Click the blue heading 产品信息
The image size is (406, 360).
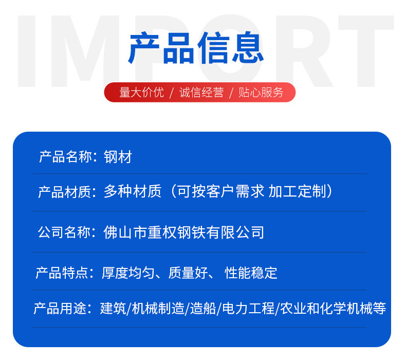pyautogui.click(x=196, y=49)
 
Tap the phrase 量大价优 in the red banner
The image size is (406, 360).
pyautogui.click(x=141, y=93)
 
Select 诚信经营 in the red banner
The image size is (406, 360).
pyautogui.click(x=201, y=93)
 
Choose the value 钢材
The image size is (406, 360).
pyautogui.click(x=118, y=157)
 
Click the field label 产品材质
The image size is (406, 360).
pyautogui.click(x=65, y=192)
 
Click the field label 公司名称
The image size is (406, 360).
pyautogui.click(x=65, y=232)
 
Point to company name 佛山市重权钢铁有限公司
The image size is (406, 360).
pyautogui.click(x=184, y=232)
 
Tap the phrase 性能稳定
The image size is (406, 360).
pyautogui.click(x=251, y=273)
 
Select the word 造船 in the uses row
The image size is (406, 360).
pyautogui.click(x=203, y=309)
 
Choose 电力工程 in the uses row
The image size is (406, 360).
pyautogui.click(x=247, y=309)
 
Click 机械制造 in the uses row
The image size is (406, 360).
pyautogui.click(x=158, y=309)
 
